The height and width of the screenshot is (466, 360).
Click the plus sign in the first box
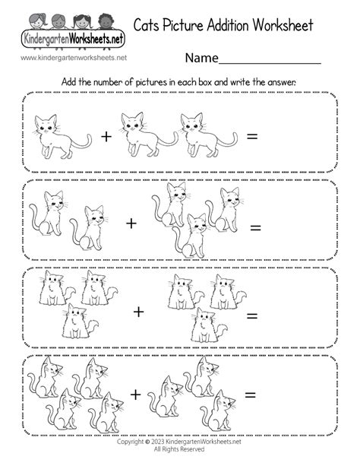tap(106, 137)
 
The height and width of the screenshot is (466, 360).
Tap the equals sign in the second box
tap(255, 228)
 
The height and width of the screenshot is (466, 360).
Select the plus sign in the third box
tap(138, 312)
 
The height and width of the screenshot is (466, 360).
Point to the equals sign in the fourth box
tap(250, 395)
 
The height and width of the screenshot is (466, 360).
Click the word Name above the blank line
tap(202, 58)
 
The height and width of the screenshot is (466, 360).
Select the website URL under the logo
tap(74, 58)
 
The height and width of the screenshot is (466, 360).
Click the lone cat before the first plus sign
tap(62, 137)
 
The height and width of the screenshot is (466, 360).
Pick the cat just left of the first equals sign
tap(209, 135)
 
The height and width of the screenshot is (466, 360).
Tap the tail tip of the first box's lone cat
tap(90, 135)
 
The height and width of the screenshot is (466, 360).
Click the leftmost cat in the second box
tap(48, 214)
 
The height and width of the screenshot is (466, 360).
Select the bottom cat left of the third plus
tap(80, 321)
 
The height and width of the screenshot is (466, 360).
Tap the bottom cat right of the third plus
tap(209, 325)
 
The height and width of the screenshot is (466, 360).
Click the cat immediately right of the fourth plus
tap(165, 397)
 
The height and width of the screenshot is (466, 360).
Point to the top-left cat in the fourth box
tap(45, 377)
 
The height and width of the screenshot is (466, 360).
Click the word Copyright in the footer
tap(131, 442)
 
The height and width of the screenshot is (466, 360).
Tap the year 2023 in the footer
tap(158, 442)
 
